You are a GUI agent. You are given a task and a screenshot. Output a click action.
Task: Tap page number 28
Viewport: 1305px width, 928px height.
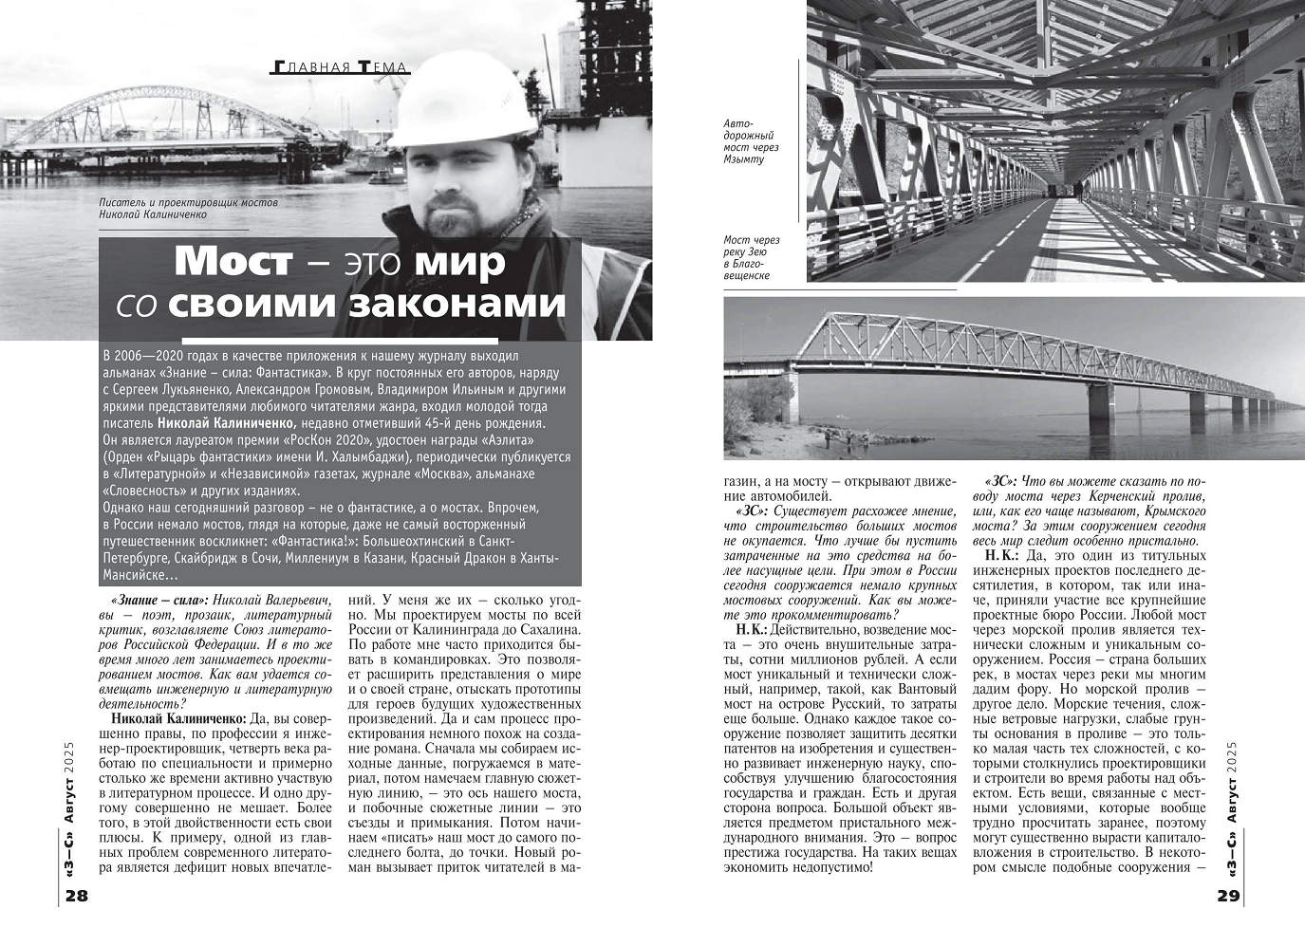point(77,897)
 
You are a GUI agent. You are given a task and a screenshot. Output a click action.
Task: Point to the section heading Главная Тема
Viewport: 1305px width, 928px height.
point(340,67)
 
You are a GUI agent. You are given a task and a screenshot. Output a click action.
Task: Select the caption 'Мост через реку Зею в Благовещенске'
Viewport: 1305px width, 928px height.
point(750,258)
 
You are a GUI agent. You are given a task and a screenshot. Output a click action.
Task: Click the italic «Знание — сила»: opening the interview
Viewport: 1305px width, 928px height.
point(158,601)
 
